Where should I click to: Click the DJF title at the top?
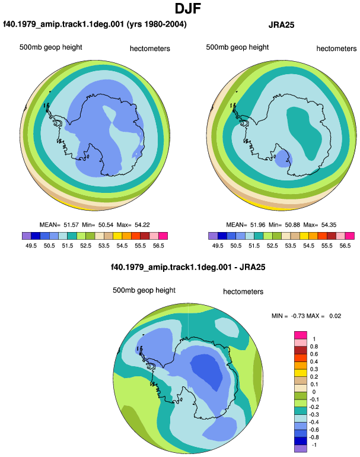pos(188,9)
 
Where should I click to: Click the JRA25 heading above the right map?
pos(281,25)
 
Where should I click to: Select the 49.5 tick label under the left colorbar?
pos(31,246)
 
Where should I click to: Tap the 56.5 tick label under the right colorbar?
pos(345,246)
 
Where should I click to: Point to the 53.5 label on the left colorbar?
pos(104,246)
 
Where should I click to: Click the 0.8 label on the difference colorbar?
pos(314,347)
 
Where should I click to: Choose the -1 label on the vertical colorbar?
pos(314,445)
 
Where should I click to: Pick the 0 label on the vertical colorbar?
pos(314,392)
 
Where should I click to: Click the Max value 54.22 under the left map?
pos(142,225)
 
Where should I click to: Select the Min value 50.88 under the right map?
pos(292,225)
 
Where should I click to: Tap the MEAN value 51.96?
pos(258,225)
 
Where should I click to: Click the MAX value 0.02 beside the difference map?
pos(335,316)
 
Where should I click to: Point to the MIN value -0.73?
pos(297,316)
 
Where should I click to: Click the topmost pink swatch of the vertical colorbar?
pos(301,335)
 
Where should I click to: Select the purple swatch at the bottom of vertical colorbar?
pos(301,449)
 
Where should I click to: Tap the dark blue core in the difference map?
pos(207,372)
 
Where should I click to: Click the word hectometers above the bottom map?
pos(243,291)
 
